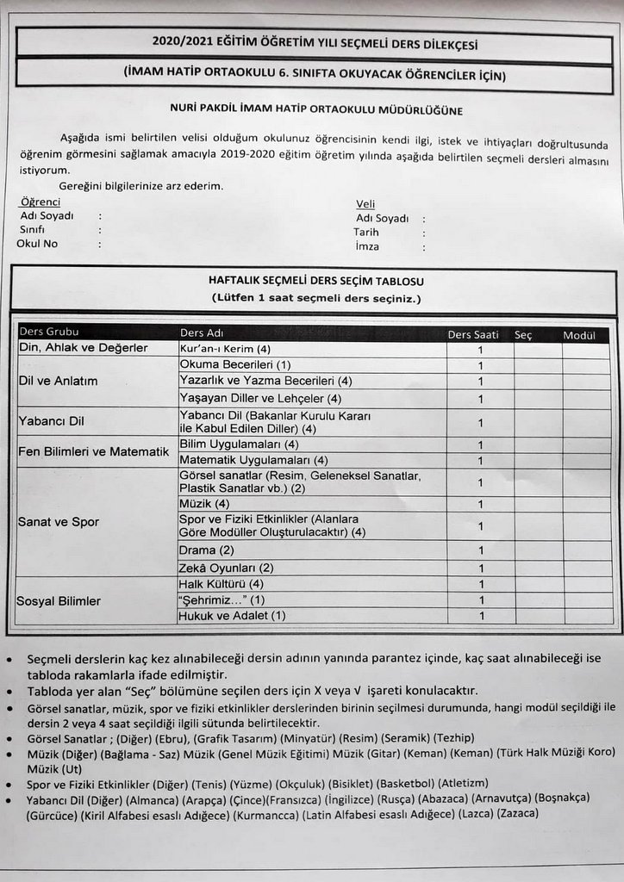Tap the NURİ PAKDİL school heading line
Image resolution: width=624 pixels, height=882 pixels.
click(x=317, y=110)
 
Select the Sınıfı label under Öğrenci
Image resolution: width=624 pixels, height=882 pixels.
click(x=33, y=231)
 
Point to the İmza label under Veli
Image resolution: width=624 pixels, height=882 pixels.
click(x=367, y=246)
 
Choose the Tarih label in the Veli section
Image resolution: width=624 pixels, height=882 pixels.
click(x=366, y=233)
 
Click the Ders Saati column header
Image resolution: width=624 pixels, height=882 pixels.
click(x=474, y=334)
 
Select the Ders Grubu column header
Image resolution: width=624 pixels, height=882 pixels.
click(x=49, y=333)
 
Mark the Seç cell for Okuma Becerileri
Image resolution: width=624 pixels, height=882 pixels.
click(x=536, y=365)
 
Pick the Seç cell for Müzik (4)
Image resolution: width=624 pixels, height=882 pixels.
click(x=536, y=504)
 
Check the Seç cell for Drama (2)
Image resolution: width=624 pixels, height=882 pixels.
click(x=536, y=550)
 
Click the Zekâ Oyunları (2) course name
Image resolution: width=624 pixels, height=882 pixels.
click(x=226, y=568)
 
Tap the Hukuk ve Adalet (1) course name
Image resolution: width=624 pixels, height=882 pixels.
click(x=231, y=616)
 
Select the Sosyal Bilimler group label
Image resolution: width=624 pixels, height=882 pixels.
click(x=59, y=601)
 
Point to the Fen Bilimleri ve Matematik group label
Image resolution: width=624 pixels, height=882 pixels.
click(x=93, y=451)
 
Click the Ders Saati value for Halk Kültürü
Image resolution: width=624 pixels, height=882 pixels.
click(x=480, y=584)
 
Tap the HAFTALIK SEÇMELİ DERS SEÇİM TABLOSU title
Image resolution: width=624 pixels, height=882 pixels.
click(x=315, y=282)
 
